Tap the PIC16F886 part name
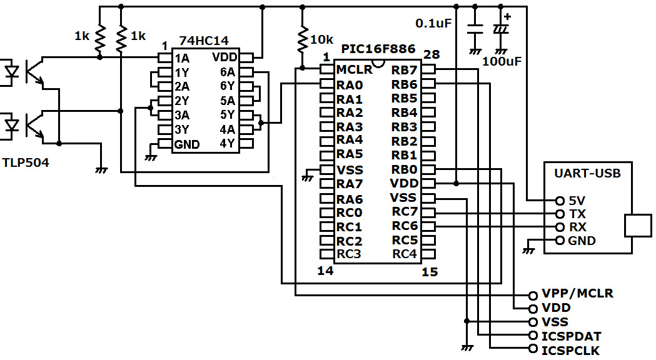(378, 48)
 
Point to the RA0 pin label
(349, 84)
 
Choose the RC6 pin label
(405, 226)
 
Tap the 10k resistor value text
(322, 39)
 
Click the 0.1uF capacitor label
(434, 23)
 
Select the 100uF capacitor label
(502, 61)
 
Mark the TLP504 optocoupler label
(26, 163)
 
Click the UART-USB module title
(588, 173)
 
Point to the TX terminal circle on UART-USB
(560, 214)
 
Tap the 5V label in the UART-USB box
(577, 201)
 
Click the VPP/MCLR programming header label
(578, 293)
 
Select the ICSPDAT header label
(572, 336)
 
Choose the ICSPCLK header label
(572, 350)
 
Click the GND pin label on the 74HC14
(187, 144)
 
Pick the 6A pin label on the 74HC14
(226, 72)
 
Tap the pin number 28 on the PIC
(431, 55)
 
